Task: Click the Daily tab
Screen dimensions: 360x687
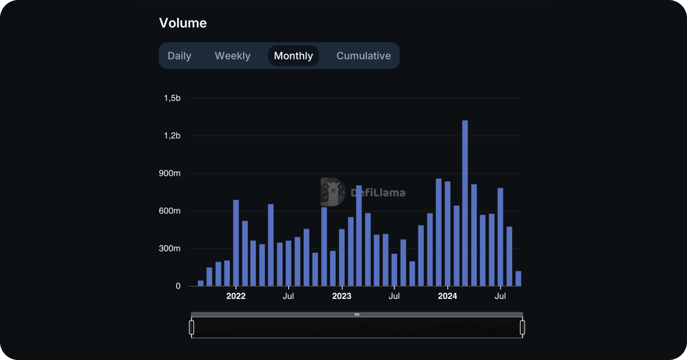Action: point(179,56)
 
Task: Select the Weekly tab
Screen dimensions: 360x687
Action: point(232,56)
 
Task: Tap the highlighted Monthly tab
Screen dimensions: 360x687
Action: point(293,56)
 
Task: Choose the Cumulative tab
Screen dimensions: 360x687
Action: point(363,56)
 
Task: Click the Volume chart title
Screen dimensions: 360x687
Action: point(183,23)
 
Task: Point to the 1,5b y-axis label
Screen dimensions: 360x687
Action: point(172,98)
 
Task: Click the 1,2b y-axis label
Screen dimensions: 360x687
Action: point(172,136)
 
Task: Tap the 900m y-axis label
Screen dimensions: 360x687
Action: point(169,173)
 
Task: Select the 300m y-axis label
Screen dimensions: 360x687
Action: point(169,248)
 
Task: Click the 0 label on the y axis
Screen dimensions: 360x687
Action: point(178,286)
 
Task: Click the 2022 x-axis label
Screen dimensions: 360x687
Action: point(235,296)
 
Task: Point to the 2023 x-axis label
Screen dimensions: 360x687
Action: point(341,296)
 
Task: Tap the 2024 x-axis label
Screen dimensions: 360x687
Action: point(447,296)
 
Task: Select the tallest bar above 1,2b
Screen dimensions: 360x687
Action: point(465,203)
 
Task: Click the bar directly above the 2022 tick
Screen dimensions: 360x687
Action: point(236,243)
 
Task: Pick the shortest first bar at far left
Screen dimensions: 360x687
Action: point(200,283)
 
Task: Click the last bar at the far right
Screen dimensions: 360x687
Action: point(518,279)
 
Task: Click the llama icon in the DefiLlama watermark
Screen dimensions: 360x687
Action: point(333,192)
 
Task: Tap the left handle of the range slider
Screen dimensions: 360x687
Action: point(192,328)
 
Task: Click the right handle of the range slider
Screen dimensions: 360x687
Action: point(522,328)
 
